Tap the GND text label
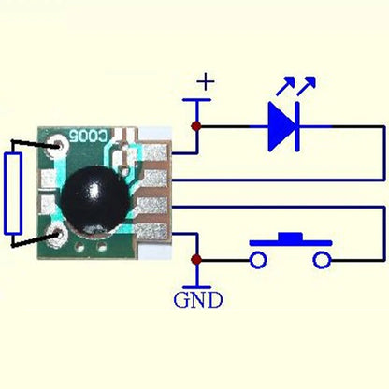coord(198,300)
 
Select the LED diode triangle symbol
coord(281,124)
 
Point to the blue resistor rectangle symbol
coord(13,194)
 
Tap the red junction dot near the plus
coord(195,125)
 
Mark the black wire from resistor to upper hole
coord(36,145)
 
